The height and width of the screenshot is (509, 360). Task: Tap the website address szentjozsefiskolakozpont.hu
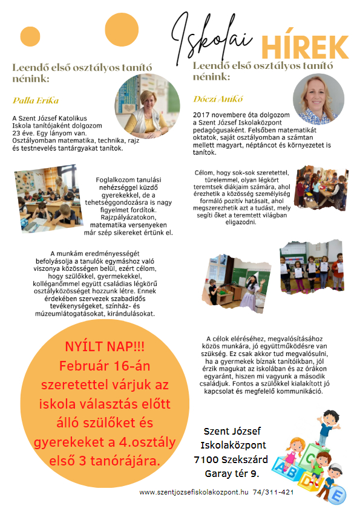point(194,492)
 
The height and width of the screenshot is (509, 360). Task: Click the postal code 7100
point(208,459)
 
